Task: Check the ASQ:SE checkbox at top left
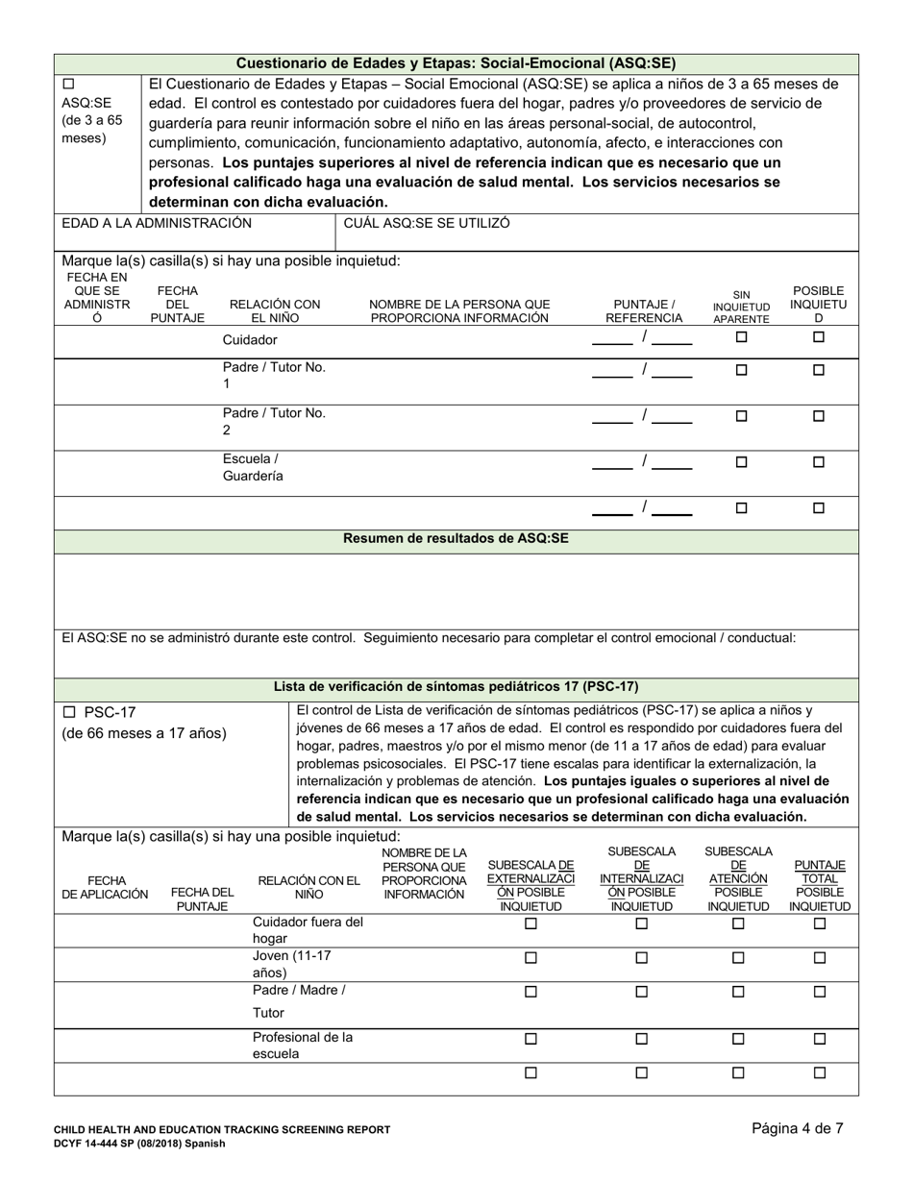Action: (x=68, y=85)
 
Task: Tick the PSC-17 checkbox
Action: (x=68, y=712)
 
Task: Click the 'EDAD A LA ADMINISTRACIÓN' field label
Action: (x=157, y=223)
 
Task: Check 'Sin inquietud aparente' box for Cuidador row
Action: (x=741, y=337)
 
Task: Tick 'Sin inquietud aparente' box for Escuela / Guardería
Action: (x=741, y=462)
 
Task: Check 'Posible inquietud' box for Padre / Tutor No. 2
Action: (x=819, y=416)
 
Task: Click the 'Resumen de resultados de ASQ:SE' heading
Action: (x=456, y=539)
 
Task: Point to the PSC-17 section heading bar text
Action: (x=456, y=687)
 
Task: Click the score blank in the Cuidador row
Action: (x=612, y=337)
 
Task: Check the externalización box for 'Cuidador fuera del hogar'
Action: (x=531, y=924)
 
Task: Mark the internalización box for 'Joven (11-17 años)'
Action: (x=642, y=958)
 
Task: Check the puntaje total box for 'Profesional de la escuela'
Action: (x=820, y=1039)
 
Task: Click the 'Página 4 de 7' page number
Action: (x=798, y=1129)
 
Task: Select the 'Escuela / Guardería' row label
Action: (x=253, y=467)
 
